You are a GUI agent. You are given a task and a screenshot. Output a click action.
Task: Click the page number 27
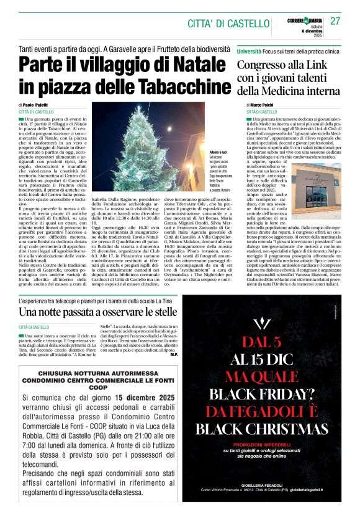[x=335, y=21]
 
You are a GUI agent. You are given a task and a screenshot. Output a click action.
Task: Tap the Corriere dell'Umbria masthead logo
[x=305, y=20]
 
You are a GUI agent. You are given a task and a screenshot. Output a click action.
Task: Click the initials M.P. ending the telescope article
[x=174, y=355]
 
